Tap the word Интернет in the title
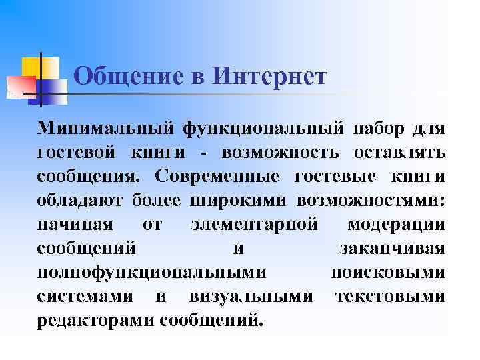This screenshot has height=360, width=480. pos(270,77)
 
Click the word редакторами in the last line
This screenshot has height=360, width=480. pos(96,320)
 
